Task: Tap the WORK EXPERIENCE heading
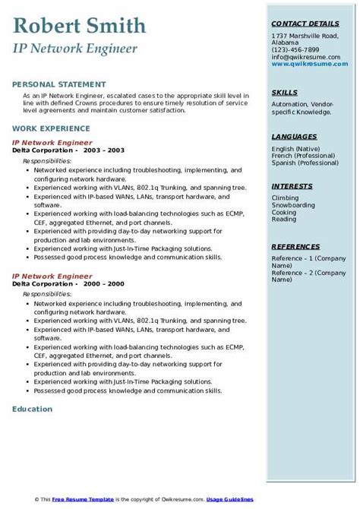coord(50,128)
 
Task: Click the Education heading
coord(33,409)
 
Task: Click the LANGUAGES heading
coord(294,136)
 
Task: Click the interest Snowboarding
coord(292,206)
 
